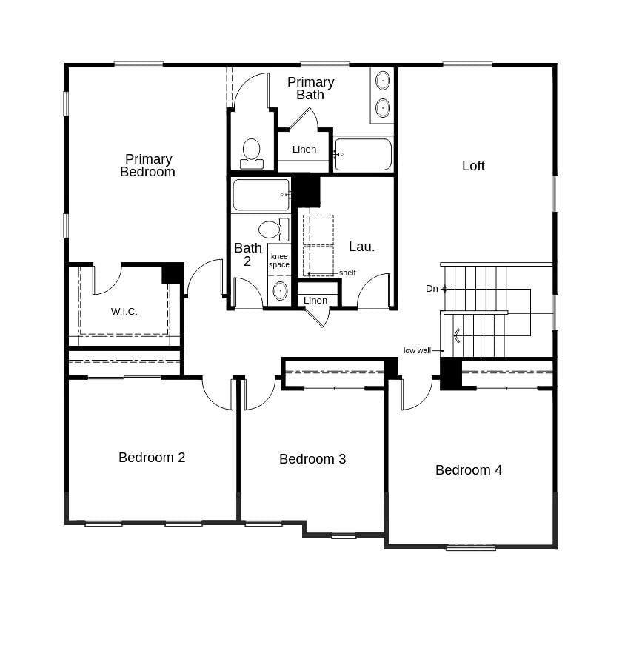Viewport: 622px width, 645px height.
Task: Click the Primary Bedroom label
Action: click(x=148, y=165)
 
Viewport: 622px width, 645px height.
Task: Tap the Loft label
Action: click(x=473, y=166)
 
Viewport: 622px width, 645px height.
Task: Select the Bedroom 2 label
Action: click(x=152, y=458)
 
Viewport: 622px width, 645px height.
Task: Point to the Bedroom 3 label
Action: click(x=312, y=459)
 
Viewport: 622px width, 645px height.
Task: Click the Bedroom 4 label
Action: click(x=469, y=470)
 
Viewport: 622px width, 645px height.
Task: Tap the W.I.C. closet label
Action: click(x=124, y=312)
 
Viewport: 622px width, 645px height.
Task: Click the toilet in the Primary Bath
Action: click(x=252, y=152)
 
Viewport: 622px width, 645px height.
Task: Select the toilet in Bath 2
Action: click(x=271, y=230)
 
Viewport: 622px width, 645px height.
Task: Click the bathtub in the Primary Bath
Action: click(x=363, y=154)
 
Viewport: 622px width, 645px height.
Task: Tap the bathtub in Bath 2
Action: click(x=261, y=195)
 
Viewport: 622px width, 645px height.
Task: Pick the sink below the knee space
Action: click(x=280, y=290)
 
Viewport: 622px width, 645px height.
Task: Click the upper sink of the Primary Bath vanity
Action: click(x=383, y=80)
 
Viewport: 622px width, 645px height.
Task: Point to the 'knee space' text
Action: click(x=279, y=261)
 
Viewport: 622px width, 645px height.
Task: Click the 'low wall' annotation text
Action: click(x=417, y=350)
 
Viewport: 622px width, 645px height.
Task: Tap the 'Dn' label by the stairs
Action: click(x=432, y=289)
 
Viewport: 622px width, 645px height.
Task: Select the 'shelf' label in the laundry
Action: click(x=347, y=273)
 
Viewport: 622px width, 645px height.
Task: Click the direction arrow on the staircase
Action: click(x=457, y=335)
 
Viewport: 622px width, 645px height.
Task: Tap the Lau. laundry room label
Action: click(x=362, y=247)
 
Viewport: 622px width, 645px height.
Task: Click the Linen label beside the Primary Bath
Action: click(x=304, y=150)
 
